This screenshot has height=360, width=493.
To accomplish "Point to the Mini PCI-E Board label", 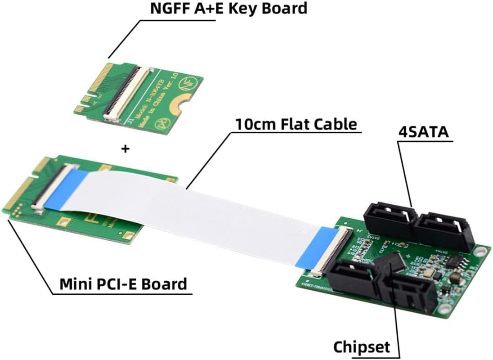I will [x=123, y=284].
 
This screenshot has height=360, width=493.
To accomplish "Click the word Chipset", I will [x=361, y=347].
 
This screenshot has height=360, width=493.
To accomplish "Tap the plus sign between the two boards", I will [x=125, y=148].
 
